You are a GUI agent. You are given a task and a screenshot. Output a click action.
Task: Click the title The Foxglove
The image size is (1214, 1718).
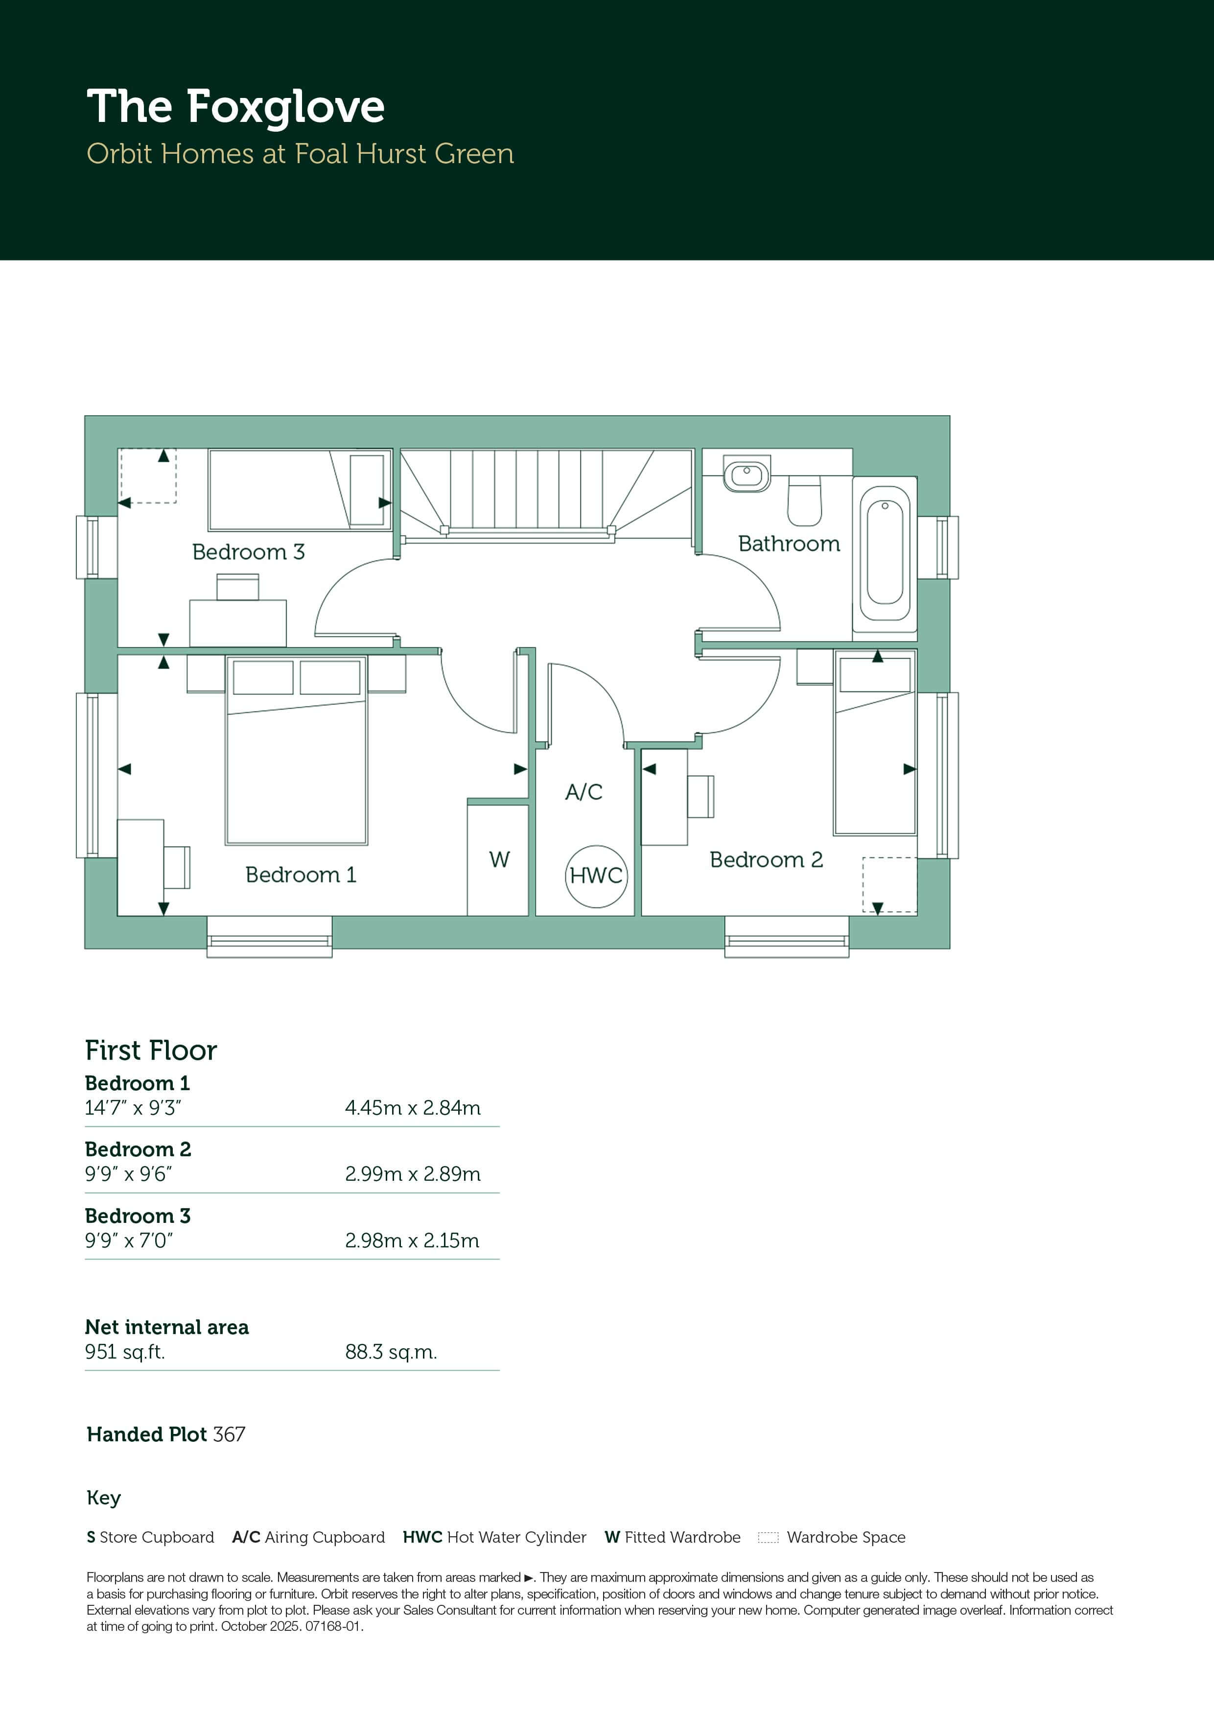(x=235, y=107)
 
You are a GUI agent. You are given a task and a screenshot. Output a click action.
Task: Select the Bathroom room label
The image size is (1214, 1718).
(x=789, y=544)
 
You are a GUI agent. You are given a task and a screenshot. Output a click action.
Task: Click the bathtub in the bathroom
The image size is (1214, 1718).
(x=885, y=554)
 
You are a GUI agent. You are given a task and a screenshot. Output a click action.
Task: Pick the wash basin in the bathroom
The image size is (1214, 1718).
(x=747, y=475)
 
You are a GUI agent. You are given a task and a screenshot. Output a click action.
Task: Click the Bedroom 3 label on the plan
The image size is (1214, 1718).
(x=248, y=552)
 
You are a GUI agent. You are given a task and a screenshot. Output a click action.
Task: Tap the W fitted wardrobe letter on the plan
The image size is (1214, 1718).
(x=500, y=860)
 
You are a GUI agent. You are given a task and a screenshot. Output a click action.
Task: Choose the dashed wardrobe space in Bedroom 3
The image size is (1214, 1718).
(x=148, y=476)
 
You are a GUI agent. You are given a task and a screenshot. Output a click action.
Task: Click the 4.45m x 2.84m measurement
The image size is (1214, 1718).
(x=413, y=1108)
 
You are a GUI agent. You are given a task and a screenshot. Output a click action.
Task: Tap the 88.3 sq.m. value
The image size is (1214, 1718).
(x=391, y=1352)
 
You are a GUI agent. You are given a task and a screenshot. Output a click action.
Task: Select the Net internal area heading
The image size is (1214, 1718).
(x=167, y=1327)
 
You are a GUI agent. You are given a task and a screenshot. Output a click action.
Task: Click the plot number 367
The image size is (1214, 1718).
(x=229, y=1434)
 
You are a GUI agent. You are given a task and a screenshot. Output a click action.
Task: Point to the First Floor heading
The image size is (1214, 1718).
(x=151, y=1050)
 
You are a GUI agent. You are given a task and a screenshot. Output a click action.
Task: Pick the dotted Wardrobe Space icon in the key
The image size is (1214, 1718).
(x=768, y=1538)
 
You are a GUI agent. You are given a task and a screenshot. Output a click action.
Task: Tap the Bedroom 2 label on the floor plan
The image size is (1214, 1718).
(x=766, y=860)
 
